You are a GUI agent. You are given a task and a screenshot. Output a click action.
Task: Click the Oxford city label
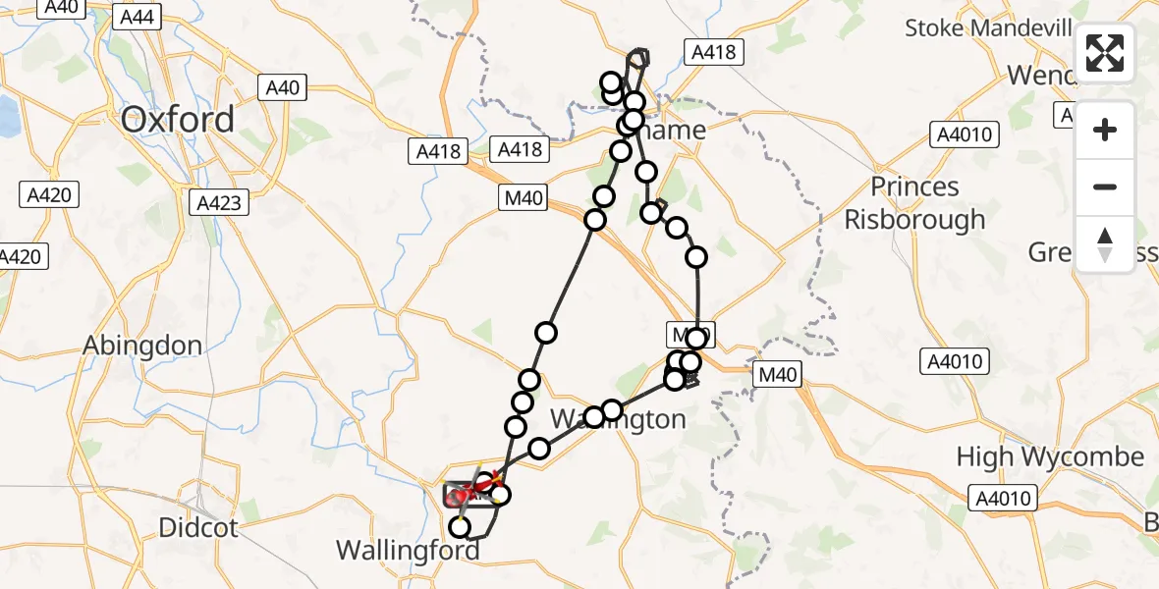[178, 120]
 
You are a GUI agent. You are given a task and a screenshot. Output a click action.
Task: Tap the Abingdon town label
[142, 346]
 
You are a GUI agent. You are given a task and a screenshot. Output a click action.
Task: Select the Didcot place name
[198, 528]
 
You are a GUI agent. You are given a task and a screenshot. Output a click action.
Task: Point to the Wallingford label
[408, 550]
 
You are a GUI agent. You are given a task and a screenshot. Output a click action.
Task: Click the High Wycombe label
[1051, 457]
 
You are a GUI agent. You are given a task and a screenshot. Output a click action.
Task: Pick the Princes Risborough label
[914, 202]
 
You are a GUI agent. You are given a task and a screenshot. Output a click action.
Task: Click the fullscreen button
[1105, 53]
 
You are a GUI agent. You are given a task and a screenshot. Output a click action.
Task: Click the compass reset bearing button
[1105, 243]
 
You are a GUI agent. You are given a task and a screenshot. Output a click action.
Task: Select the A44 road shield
[137, 17]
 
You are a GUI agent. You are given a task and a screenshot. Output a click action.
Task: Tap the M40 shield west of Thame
[523, 198]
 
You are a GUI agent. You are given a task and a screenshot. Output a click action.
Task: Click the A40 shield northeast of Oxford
[282, 88]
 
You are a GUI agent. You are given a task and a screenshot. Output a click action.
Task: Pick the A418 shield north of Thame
[713, 52]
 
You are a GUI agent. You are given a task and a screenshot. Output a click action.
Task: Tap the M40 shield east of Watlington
[778, 374]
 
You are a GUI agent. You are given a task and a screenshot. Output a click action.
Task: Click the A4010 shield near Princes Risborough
[966, 134]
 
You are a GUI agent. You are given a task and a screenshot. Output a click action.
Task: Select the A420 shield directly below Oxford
[47, 194]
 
